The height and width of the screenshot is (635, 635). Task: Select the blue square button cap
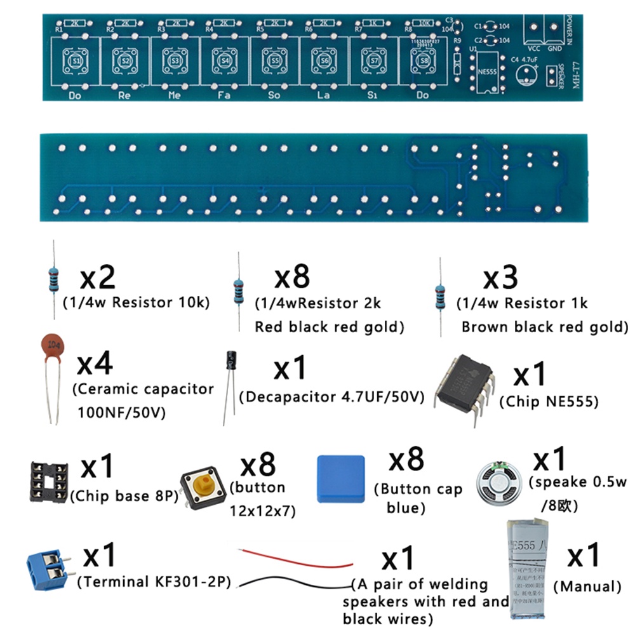tap(341, 479)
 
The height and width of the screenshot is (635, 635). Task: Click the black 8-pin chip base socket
tap(47, 481)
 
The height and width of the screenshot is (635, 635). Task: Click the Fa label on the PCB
tap(224, 95)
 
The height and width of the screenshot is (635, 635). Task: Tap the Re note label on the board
tap(124, 95)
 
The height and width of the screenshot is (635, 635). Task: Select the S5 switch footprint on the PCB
tap(274, 60)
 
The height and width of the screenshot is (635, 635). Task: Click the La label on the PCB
tap(323, 95)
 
